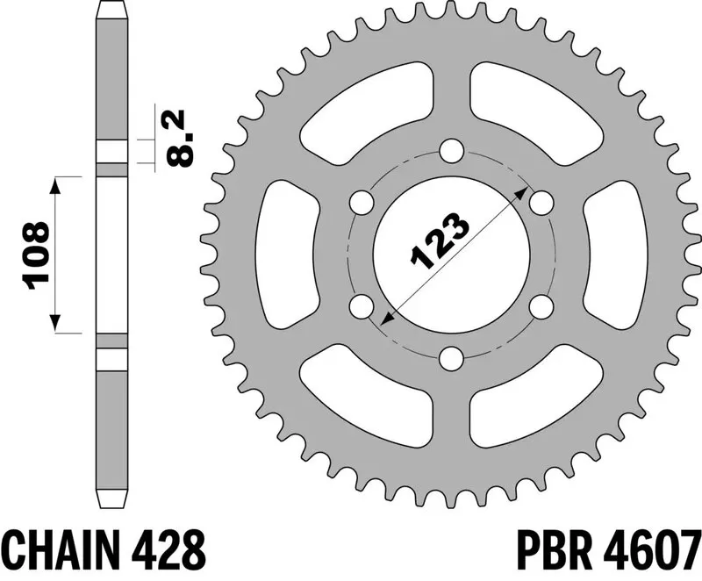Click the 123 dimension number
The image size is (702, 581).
click(x=441, y=241)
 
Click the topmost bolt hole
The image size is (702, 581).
click(x=451, y=150)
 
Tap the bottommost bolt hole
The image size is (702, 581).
click(x=451, y=358)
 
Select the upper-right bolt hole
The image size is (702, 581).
click(x=541, y=203)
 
